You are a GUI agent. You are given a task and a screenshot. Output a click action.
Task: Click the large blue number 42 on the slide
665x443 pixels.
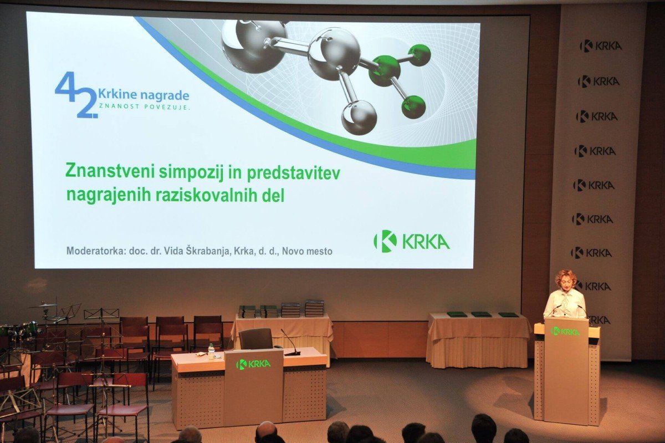tap(76, 94)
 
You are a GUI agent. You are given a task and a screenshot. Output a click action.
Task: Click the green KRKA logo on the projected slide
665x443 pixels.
tap(411, 242)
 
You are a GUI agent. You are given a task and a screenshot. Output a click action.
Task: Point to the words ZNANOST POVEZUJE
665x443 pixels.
tap(144, 107)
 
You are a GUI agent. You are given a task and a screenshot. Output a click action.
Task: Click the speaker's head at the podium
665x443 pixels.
tap(566, 280)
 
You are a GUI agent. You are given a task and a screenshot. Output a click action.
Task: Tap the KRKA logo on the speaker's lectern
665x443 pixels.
tap(565, 331)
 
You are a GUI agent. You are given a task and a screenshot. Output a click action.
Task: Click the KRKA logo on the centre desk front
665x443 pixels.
tap(253, 364)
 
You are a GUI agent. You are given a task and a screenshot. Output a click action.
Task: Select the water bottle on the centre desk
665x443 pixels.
tap(211, 352)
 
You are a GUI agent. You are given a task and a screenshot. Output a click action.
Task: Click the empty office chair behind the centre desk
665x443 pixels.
tap(256, 339)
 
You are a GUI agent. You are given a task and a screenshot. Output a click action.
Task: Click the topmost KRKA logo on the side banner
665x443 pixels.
tap(601, 46)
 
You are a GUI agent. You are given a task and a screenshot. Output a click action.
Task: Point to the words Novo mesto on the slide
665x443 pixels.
tap(307, 251)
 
